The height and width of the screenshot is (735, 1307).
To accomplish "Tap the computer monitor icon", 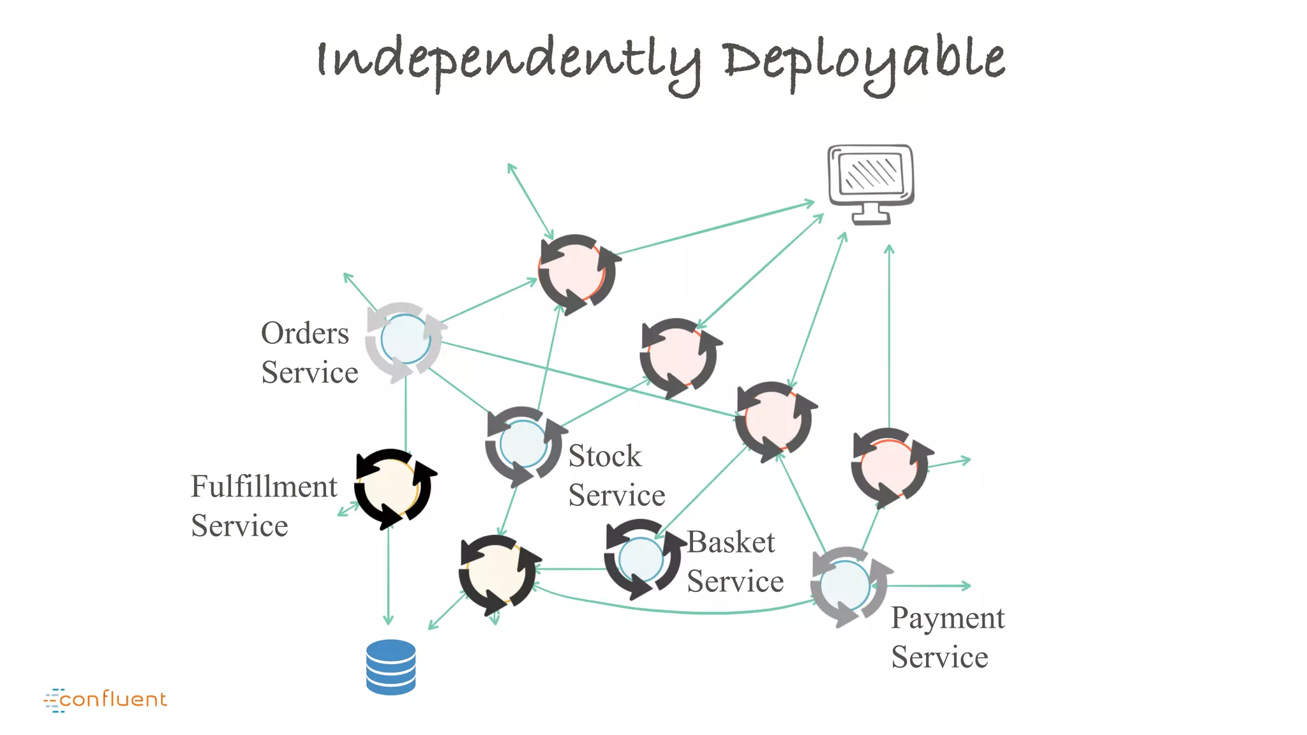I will click(x=870, y=183).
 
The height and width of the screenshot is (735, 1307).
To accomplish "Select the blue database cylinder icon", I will click(x=391, y=667).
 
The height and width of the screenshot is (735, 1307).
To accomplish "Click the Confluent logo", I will click(x=105, y=699).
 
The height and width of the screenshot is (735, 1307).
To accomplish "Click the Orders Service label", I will click(x=309, y=352).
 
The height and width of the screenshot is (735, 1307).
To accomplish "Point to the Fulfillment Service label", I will click(x=263, y=505).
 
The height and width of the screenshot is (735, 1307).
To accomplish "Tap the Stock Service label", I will click(x=616, y=475).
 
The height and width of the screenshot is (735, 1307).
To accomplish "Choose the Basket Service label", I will click(x=734, y=561).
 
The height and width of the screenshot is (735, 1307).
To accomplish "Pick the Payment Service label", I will click(x=947, y=637).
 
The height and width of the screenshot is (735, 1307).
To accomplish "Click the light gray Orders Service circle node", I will click(x=405, y=341).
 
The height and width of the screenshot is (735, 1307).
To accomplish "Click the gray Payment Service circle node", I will click(x=846, y=585).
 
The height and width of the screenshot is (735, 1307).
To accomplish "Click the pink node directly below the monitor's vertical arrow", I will click(x=889, y=466).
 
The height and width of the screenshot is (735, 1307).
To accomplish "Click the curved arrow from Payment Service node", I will click(x=676, y=611).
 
